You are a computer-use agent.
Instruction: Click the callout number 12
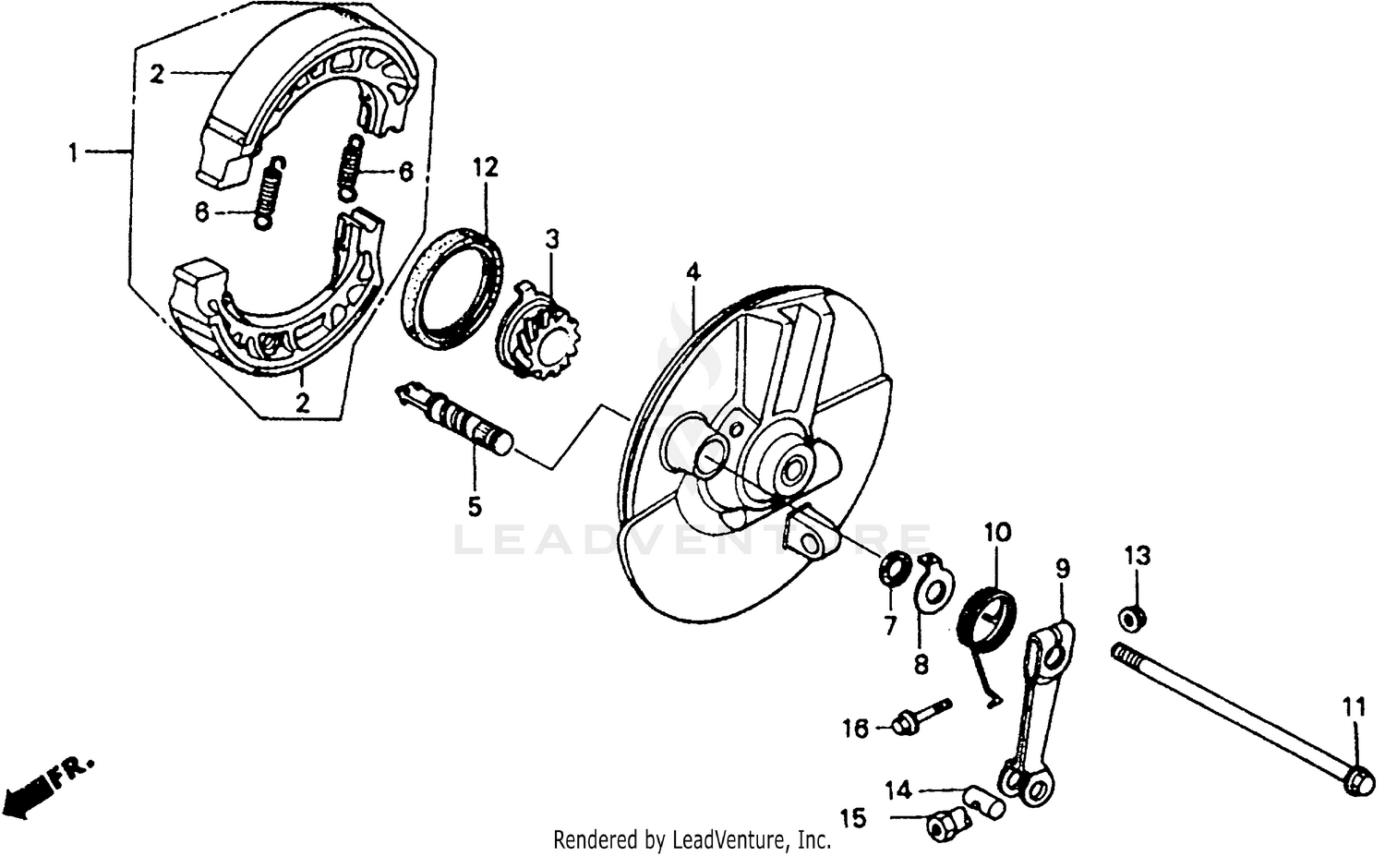click(485, 167)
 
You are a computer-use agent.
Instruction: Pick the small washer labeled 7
click(894, 568)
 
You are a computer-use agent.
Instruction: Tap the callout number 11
click(1354, 709)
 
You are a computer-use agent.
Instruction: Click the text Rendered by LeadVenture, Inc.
click(692, 840)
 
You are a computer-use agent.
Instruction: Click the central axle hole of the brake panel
click(792, 471)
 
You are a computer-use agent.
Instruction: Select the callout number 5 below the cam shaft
click(474, 506)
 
